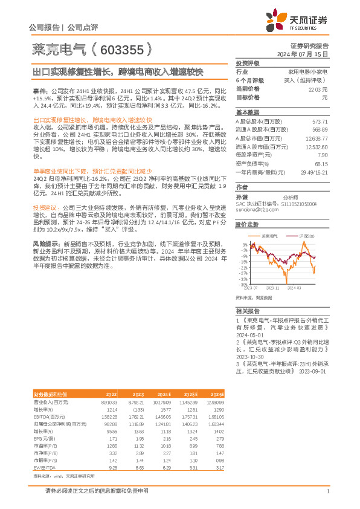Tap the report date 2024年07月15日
(305, 54)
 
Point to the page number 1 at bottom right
(327, 491)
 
